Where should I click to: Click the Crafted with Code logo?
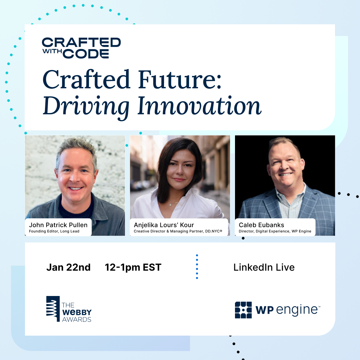81,48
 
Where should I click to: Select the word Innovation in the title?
199,106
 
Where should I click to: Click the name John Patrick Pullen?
58,225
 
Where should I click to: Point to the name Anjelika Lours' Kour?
164,225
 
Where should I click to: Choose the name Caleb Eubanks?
262,225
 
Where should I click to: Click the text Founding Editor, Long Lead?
54,231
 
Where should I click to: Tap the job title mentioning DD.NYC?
178,231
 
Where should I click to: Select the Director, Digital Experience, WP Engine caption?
275,231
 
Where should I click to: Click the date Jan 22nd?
68,267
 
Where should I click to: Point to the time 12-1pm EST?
133,267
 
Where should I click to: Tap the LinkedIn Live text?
264,267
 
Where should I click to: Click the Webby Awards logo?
69,309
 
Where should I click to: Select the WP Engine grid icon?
243,310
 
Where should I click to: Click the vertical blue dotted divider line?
197,267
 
